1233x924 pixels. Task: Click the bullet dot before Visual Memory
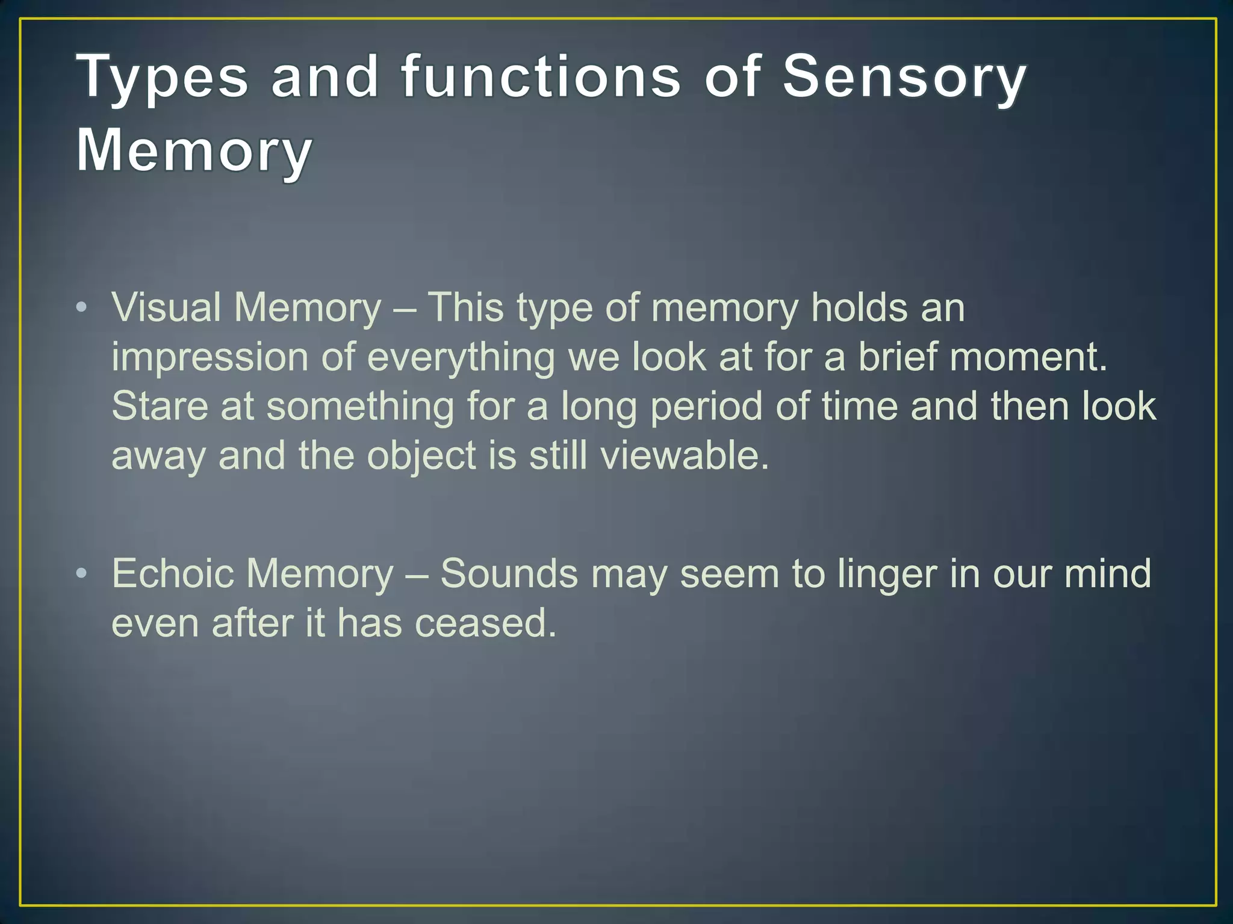pyautogui.click(x=82, y=308)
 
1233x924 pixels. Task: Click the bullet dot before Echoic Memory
pyautogui.click(x=82, y=573)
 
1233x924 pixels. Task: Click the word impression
pyautogui.click(x=210, y=357)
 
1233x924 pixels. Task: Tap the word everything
pyautogui.click(x=461, y=357)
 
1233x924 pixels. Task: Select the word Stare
pyautogui.click(x=160, y=406)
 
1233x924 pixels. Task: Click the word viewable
pyautogui.click(x=685, y=455)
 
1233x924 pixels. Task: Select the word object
pyautogui.click(x=421, y=455)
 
